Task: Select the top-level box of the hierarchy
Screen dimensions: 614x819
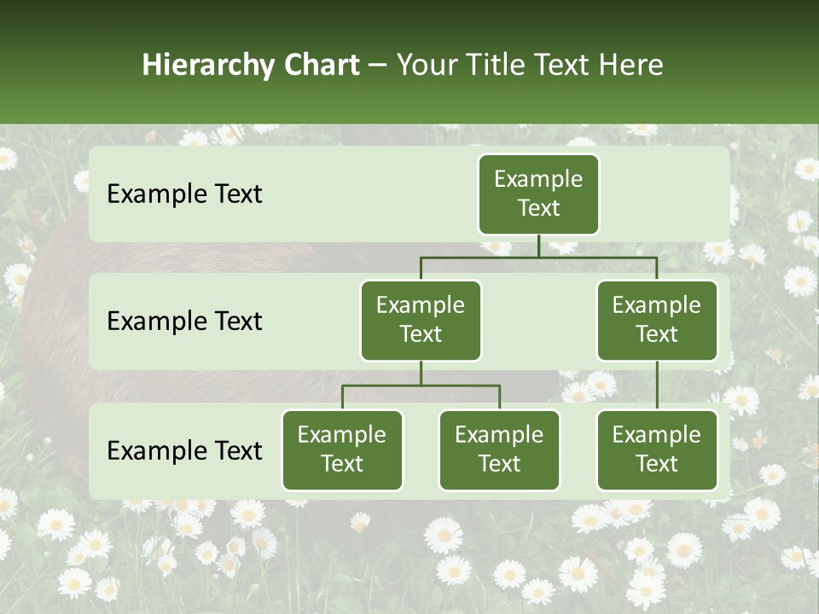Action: click(x=538, y=194)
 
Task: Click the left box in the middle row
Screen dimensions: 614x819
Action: click(x=421, y=320)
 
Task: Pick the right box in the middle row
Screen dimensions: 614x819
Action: click(x=657, y=320)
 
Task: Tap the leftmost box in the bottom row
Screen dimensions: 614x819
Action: click(x=342, y=449)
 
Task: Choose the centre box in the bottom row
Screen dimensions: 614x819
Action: click(x=499, y=449)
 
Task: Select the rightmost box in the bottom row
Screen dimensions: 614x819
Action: click(x=657, y=449)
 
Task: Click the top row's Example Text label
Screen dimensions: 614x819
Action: click(x=184, y=194)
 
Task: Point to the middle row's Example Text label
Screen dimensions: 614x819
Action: click(x=184, y=321)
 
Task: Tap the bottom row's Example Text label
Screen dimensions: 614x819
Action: click(x=184, y=450)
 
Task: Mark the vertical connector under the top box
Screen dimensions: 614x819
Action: click(x=538, y=246)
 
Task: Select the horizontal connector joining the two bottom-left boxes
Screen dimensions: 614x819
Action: click(x=421, y=385)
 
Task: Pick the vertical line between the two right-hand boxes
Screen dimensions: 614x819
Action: click(x=657, y=385)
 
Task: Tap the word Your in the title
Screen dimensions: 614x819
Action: click(x=424, y=65)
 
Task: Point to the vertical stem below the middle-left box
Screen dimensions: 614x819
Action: click(x=421, y=374)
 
